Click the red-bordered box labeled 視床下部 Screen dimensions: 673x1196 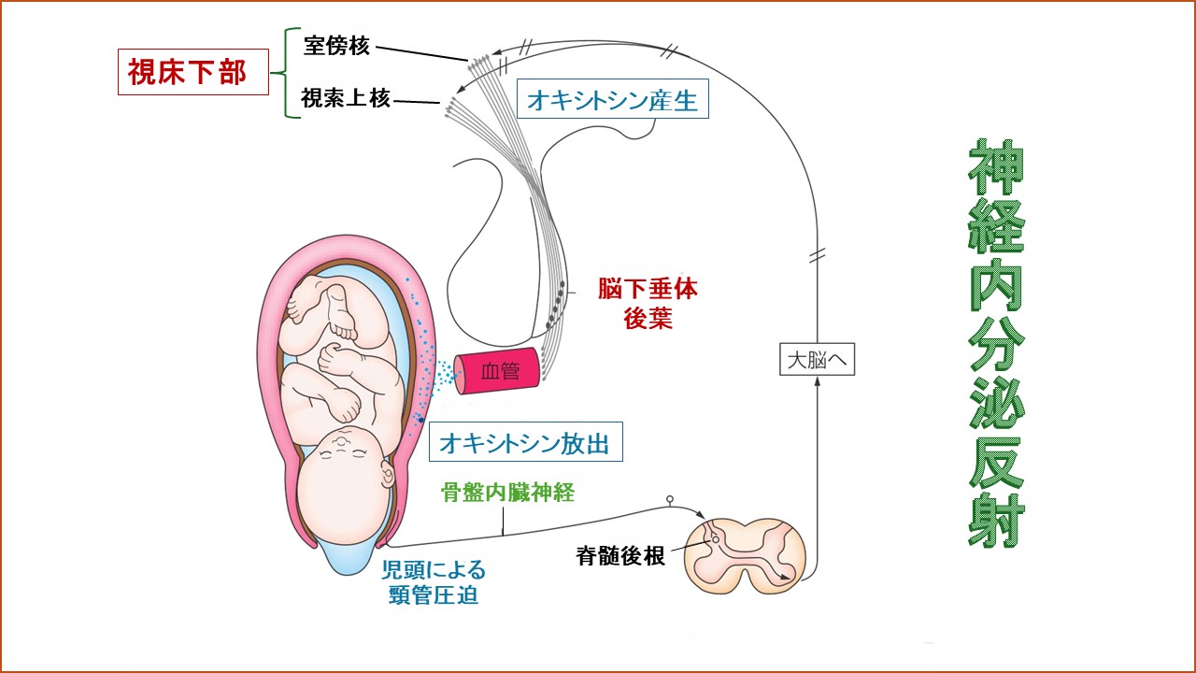[x=193, y=72]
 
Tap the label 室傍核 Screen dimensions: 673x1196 [x=336, y=45]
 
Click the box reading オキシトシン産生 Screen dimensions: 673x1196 [x=612, y=100]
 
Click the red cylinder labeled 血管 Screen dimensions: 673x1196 [x=498, y=372]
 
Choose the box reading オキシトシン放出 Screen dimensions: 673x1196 [x=525, y=442]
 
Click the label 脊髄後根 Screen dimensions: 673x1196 [x=619, y=556]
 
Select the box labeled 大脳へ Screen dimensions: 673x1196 [x=818, y=359]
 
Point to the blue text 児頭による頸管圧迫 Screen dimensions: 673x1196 [x=434, y=581]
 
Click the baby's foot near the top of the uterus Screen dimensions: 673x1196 [x=342, y=326]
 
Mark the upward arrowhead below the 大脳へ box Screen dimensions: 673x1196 [x=818, y=386]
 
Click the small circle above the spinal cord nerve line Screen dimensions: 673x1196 [x=669, y=500]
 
